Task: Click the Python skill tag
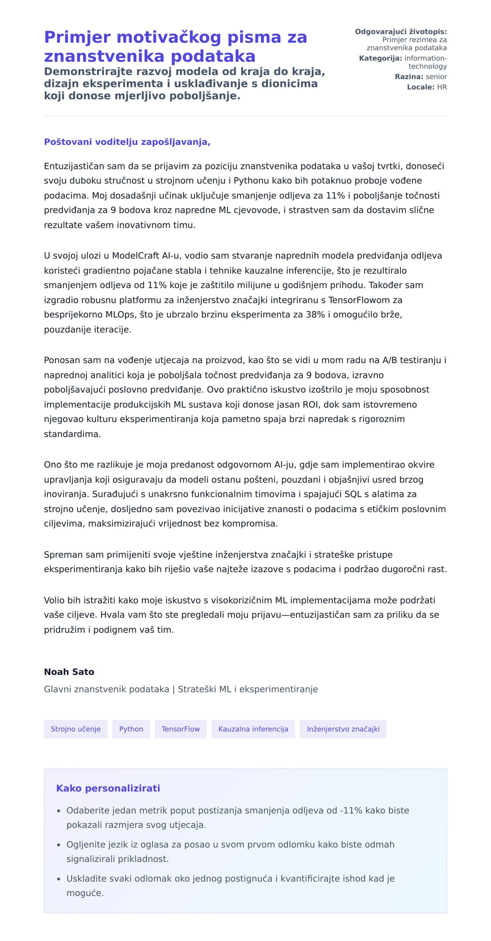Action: (131, 729)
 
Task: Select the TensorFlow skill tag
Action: (180, 729)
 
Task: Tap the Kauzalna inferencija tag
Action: (253, 729)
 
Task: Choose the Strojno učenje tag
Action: (75, 729)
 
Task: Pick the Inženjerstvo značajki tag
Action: (343, 729)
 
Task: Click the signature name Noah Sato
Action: (69, 672)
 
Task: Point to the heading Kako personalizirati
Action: (108, 788)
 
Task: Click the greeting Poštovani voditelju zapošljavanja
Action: (127, 142)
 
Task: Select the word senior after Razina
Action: (436, 76)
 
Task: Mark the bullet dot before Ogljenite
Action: (59, 845)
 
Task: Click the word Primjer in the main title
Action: (77, 37)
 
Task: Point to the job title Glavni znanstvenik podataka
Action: (106, 689)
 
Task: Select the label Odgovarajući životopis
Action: (401, 31)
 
